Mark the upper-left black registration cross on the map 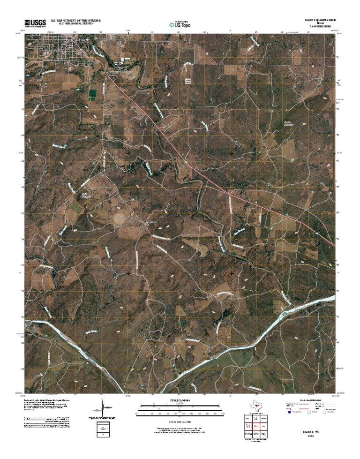128,153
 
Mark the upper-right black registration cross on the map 232,153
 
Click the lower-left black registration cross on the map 128,273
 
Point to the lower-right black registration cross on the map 232,273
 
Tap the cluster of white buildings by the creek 126,60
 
